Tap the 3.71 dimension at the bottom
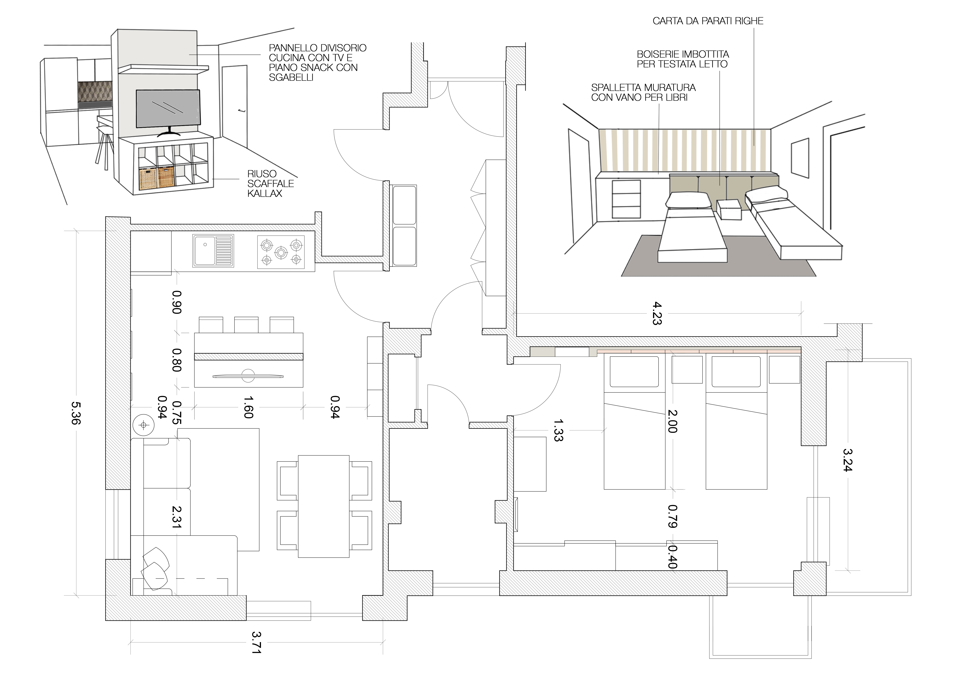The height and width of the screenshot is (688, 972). pos(256,643)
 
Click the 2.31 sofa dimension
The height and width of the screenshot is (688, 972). pos(177,517)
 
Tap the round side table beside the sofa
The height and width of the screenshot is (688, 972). pos(143,425)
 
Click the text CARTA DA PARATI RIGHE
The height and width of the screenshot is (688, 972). pos(708,21)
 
